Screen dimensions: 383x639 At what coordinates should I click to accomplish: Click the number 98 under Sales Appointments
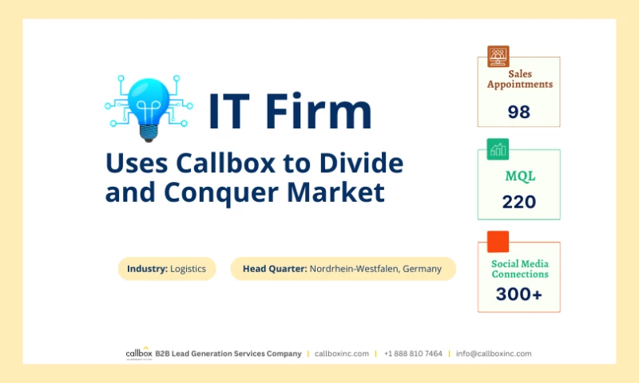tap(518, 112)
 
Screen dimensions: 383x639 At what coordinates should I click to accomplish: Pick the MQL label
tap(518, 176)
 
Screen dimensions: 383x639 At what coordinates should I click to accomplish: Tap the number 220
tap(518, 202)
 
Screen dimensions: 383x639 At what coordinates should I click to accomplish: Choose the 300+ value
tap(518, 294)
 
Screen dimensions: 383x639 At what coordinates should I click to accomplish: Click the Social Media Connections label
tap(519, 269)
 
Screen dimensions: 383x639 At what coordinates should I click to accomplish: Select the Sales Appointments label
tap(519, 79)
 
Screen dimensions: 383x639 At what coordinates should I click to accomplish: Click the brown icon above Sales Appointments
tap(498, 56)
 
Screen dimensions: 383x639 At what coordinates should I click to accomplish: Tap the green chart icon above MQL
tap(498, 148)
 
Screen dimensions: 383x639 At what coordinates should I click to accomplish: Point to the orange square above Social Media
tap(498, 241)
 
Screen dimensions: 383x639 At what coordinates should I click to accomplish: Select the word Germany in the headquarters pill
tap(422, 269)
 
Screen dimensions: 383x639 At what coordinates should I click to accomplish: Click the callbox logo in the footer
tap(138, 353)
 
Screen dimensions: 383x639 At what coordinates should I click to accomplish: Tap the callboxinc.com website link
tap(342, 353)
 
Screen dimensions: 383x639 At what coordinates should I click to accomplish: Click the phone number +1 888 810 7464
tap(413, 353)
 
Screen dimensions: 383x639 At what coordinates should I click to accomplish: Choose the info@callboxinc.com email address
tap(494, 353)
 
